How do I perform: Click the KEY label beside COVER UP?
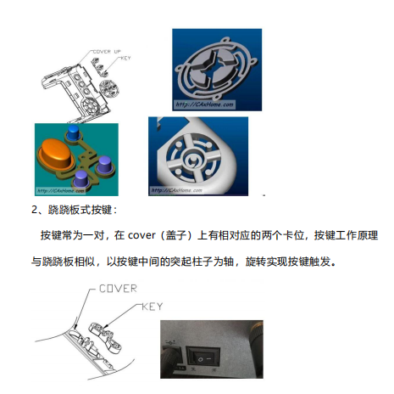(125, 59)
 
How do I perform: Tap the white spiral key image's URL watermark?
(178, 191)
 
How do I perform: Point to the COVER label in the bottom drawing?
(118, 289)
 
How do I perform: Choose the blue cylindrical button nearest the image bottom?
(81, 178)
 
